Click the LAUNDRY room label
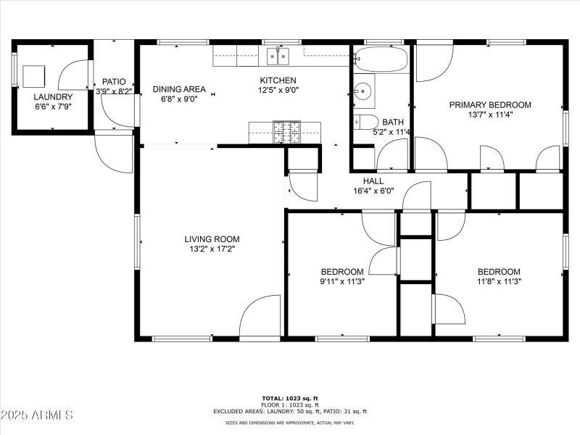click(x=53, y=96)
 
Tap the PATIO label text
click(x=114, y=82)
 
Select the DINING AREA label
click(x=179, y=89)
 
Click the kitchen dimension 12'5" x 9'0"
click(x=278, y=91)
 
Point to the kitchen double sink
click(x=277, y=56)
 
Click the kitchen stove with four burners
click(x=286, y=131)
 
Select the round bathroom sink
click(x=363, y=91)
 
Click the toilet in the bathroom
click(x=366, y=122)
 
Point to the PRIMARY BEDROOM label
click(x=490, y=104)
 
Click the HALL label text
click(x=373, y=181)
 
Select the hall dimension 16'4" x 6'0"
click(x=373, y=191)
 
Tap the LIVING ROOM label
click(x=212, y=239)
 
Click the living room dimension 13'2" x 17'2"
click(x=212, y=249)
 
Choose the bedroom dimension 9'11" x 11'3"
click(x=342, y=282)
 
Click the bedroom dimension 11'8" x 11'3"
click(x=499, y=282)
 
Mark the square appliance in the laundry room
click(x=34, y=75)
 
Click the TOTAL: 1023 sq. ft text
click(x=290, y=398)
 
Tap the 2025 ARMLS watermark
click(x=37, y=415)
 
